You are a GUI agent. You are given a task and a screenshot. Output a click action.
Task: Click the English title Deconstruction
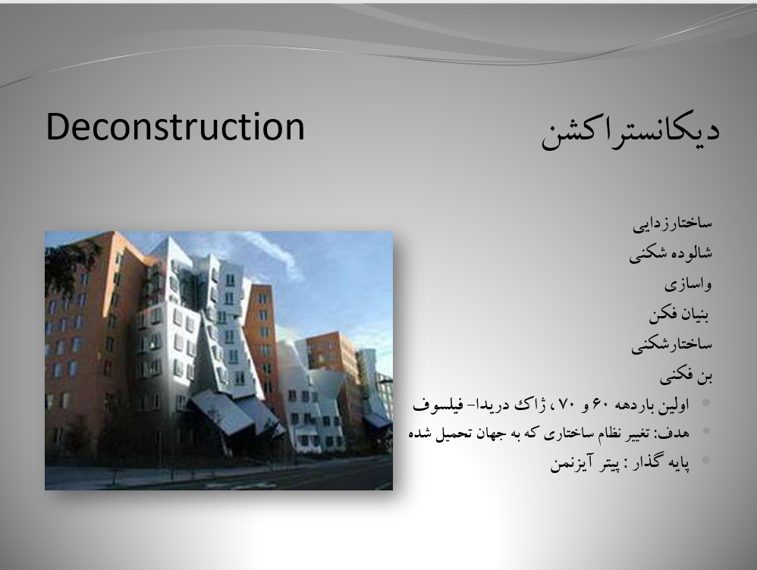pyautogui.click(x=175, y=127)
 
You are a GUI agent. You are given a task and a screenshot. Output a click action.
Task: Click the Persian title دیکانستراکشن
pyautogui.click(x=630, y=133)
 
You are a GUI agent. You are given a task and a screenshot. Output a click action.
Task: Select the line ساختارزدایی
pyautogui.click(x=673, y=224)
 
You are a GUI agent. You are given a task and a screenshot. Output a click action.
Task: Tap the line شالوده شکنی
pyautogui.click(x=671, y=253)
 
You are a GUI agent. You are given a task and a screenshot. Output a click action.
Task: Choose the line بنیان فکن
pyautogui.click(x=679, y=315)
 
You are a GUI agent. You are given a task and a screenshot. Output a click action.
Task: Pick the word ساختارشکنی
pyautogui.click(x=671, y=345)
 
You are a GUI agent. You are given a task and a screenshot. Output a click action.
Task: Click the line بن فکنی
pyautogui.click(x=686, y=375)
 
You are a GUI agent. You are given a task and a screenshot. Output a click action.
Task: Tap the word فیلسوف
pyautogui.click(x=435, y=405)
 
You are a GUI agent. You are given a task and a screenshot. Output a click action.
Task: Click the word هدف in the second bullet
pyautogui.click(x=674, y=433)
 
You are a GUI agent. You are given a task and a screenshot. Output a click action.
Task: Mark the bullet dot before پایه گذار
pyautogui.click(x=706, y=460)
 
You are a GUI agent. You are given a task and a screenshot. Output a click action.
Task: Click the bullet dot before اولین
pyautogui.click(x=706, y=402)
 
